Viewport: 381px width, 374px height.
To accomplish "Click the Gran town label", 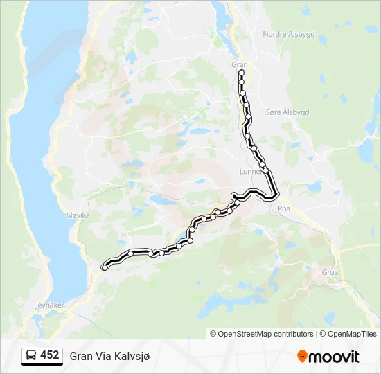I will pyautogui.click(x=239, y=64).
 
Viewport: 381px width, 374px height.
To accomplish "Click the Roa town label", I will pyautogui.click(x=283, y=208).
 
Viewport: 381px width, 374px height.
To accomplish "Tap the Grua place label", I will pyautogui.click(x=330, y=272).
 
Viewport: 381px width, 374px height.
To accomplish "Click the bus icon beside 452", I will pyautogui.click(x=32, y=355).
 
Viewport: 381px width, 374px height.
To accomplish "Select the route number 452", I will pyautogui.click(x=50, y=355).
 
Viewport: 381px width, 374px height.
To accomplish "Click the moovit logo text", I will pyautogui.click(x=334, y=356).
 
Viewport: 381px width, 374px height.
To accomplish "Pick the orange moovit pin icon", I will pyautogui.click(x=302, y=356).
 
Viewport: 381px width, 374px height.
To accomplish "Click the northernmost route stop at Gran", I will pyautogui.click(x=241, y=73).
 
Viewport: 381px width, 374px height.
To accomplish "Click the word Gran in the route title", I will pyautogui.click(x=80, y=356).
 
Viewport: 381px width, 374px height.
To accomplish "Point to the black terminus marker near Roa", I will pyautogui.click(x=236, y=196).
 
